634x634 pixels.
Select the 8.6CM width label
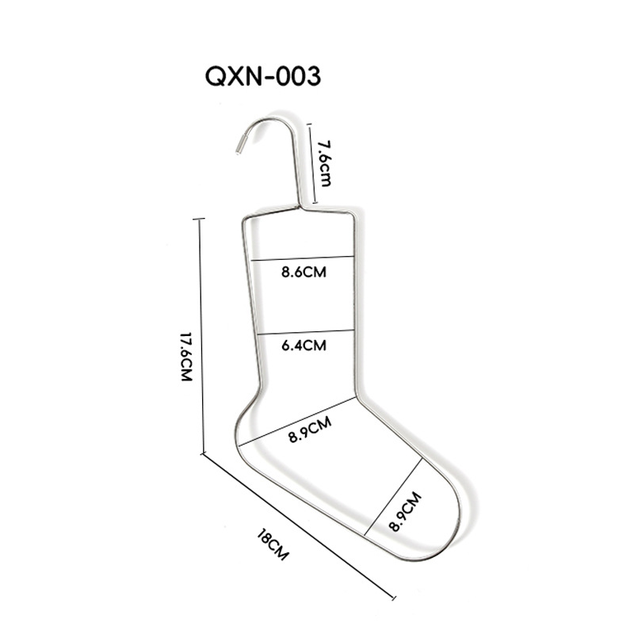pos(304,272)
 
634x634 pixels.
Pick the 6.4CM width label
pos(304,345)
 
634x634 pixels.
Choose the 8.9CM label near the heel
pos(309,433)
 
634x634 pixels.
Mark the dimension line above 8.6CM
pos(303,258)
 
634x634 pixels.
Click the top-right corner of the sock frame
pos(352,217)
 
